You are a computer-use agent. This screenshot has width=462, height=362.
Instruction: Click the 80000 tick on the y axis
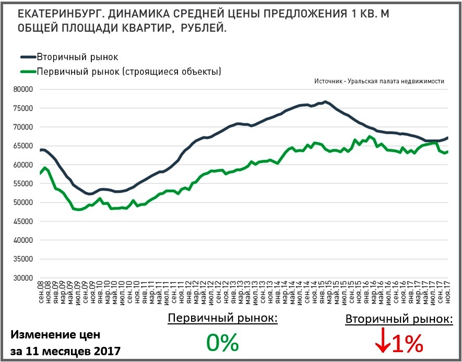coord(22,89)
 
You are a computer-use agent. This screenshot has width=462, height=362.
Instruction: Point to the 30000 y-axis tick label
coord(22,277)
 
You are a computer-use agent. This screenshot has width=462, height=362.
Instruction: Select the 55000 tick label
coord(22,183)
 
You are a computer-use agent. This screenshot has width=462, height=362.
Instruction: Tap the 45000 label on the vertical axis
coord(22,221)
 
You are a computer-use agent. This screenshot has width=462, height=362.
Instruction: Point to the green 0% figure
coord(222,343)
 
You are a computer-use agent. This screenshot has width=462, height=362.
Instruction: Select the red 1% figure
coord(407,343)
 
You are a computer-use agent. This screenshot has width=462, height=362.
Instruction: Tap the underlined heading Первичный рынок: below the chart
coord(222,319)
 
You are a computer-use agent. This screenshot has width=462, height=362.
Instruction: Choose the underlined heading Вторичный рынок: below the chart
coord(399,319)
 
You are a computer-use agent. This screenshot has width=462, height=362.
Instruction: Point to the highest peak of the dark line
coord(325,101)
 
